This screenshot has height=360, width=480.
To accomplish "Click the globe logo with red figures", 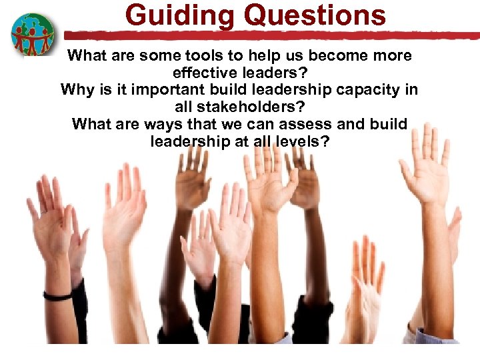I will pos(32,35).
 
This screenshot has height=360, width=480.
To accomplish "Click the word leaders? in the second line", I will pos(274,73).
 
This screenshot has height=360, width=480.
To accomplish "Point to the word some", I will pos(145,56).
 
